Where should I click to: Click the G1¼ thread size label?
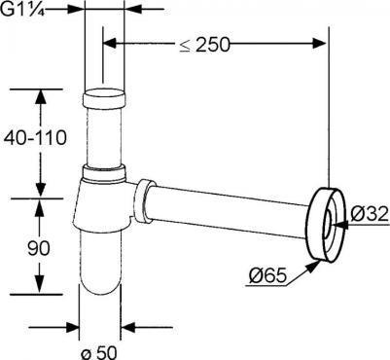pyautogui.click(x=22, y=9)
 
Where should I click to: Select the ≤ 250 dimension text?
pyautogui.click(x=205, y=44)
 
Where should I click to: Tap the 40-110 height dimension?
pyautogui.click(x=35, y=137)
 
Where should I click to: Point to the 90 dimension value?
pyautogui.click(x=38, y=249)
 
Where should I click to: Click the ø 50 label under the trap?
pyautogui.click(x=98, y=352)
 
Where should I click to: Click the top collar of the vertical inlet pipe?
pyautogui.click(x=104, y=98)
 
